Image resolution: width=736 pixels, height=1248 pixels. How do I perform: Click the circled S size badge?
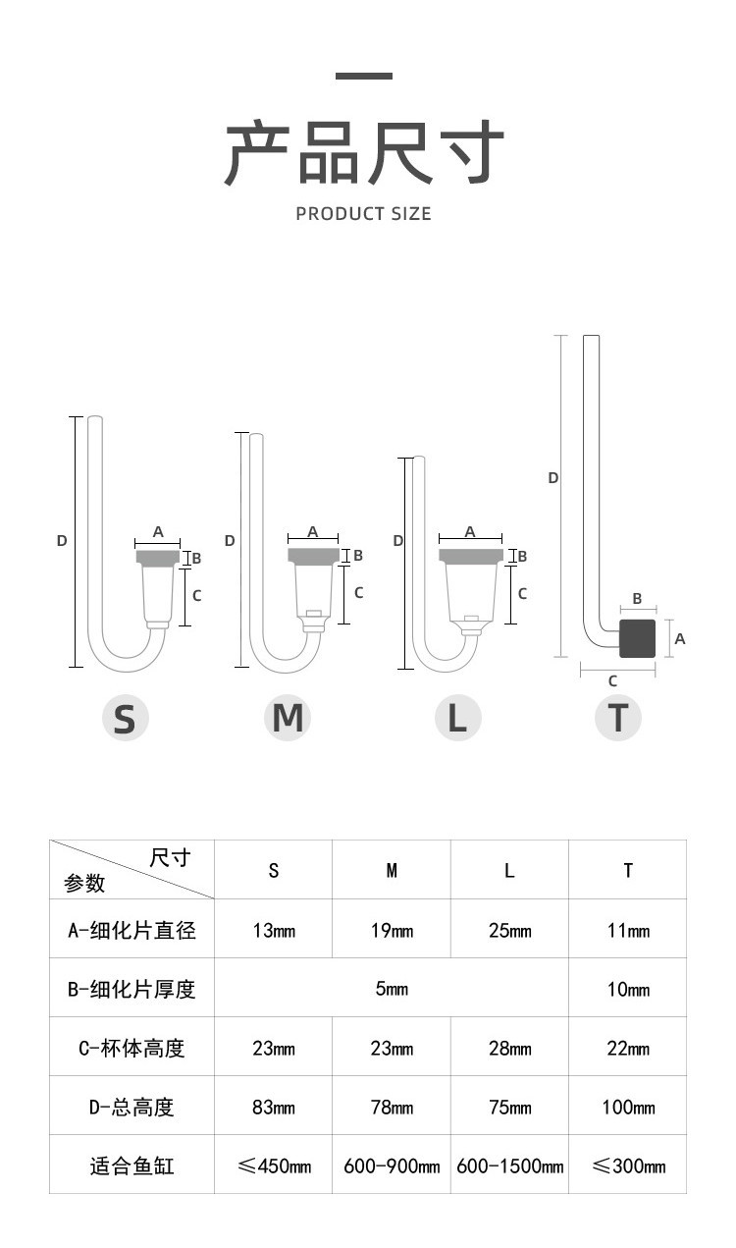pyautogui.click(x=126, y=718)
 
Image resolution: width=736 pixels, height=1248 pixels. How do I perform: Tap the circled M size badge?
pyautogui.click(x=288, y=718)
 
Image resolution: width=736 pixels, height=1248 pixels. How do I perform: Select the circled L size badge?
pyautogui.click(x=457, y=718)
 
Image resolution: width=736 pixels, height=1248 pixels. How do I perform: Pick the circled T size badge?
pyautogui.click(x=618, y=718)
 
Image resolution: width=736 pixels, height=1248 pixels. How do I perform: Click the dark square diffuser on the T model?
pyautogui.click(x=638, y=638)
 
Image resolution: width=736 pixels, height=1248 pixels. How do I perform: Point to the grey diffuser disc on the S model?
pyautogui.click(x=158, y=557)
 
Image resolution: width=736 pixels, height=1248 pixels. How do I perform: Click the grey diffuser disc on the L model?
pyautogui.click(x=471, y=556)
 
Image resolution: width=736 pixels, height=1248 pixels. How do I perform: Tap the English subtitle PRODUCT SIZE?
pyautogui.click(x=363, y=213)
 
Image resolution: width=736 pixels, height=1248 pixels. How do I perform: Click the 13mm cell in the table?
pyautogui.click(x=274, y=930)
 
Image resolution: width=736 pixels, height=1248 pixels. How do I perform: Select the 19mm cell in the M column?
pyautogui.click(x=392, y=930)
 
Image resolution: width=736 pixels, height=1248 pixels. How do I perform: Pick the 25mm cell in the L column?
pyautogui.click(x=509, y=930)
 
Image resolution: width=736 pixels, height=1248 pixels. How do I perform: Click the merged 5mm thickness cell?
pyautogui.click(x=392, y=989)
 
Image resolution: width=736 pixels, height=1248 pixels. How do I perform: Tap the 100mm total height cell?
pyautogui.click(x=627, y=1107)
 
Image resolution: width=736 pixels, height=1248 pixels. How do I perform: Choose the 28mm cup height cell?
pyautogui.click(x=509, y=1048)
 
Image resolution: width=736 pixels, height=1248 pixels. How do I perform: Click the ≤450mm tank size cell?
pyautogui.click(x=274, y=1166)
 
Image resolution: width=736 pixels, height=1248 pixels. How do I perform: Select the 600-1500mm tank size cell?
pyautogui.click(x=509, y=1166)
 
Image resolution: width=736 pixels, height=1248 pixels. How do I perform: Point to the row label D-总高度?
pyautogui.click(x=131, y=1107)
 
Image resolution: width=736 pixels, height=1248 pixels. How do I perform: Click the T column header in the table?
pyautogui.click(x=627, y=870)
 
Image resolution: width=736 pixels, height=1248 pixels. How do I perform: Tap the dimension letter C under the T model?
pyautogui.click(x=613, y=680)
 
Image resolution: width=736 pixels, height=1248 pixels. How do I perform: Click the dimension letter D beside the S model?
pyautogui.click(x=62, y=540)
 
